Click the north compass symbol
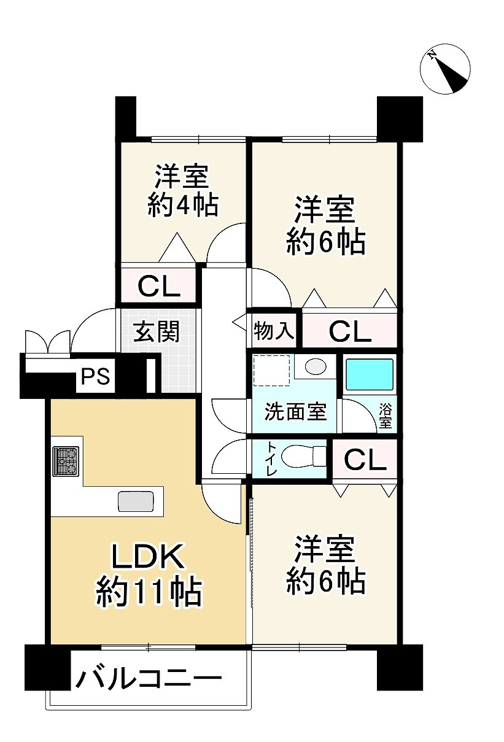[445, 68]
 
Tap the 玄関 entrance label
[156, 331]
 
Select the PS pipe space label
[95, 376]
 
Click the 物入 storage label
[274, 331]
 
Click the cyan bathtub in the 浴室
[370, 374]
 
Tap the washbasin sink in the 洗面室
[316, 366]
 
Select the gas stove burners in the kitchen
[66, 462]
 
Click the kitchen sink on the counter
[136, 501]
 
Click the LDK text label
[147, 556]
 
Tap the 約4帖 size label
[183, 206]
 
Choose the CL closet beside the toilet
[365, 459]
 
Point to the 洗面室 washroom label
[295, 411]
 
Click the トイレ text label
[271, 459]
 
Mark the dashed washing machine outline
[272, 370]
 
